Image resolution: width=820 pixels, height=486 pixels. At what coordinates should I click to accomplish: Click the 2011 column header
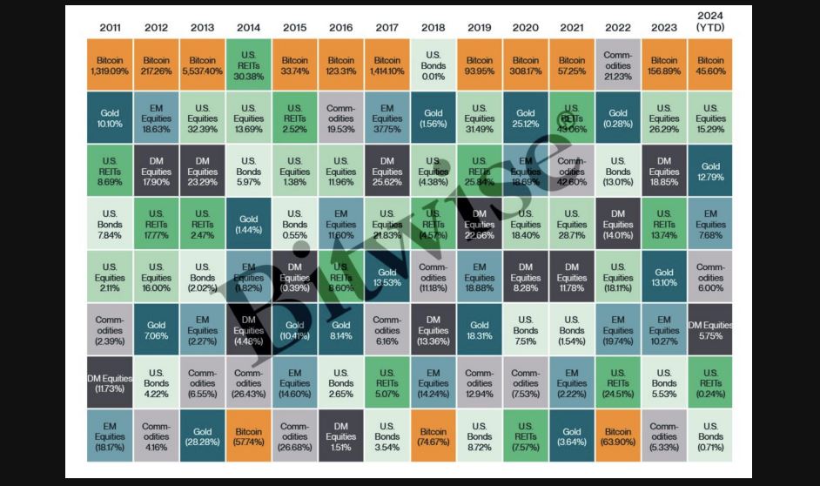110,27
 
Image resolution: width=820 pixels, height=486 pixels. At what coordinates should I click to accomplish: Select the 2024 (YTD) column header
710,22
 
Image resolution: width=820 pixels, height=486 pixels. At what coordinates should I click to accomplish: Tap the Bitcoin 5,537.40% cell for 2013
202,65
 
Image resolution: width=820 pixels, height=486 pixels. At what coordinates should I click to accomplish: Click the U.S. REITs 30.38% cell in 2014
248,65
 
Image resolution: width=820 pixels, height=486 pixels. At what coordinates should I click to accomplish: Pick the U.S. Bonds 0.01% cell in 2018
434,65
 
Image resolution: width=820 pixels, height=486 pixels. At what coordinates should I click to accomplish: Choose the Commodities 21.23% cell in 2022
618,65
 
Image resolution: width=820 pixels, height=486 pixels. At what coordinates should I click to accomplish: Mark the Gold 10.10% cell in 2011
110,118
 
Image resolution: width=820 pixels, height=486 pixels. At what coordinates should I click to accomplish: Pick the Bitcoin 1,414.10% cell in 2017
387,65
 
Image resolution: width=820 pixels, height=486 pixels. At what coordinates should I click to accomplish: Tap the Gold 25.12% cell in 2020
526,118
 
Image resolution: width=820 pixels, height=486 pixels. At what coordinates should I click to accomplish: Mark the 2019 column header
480,27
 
